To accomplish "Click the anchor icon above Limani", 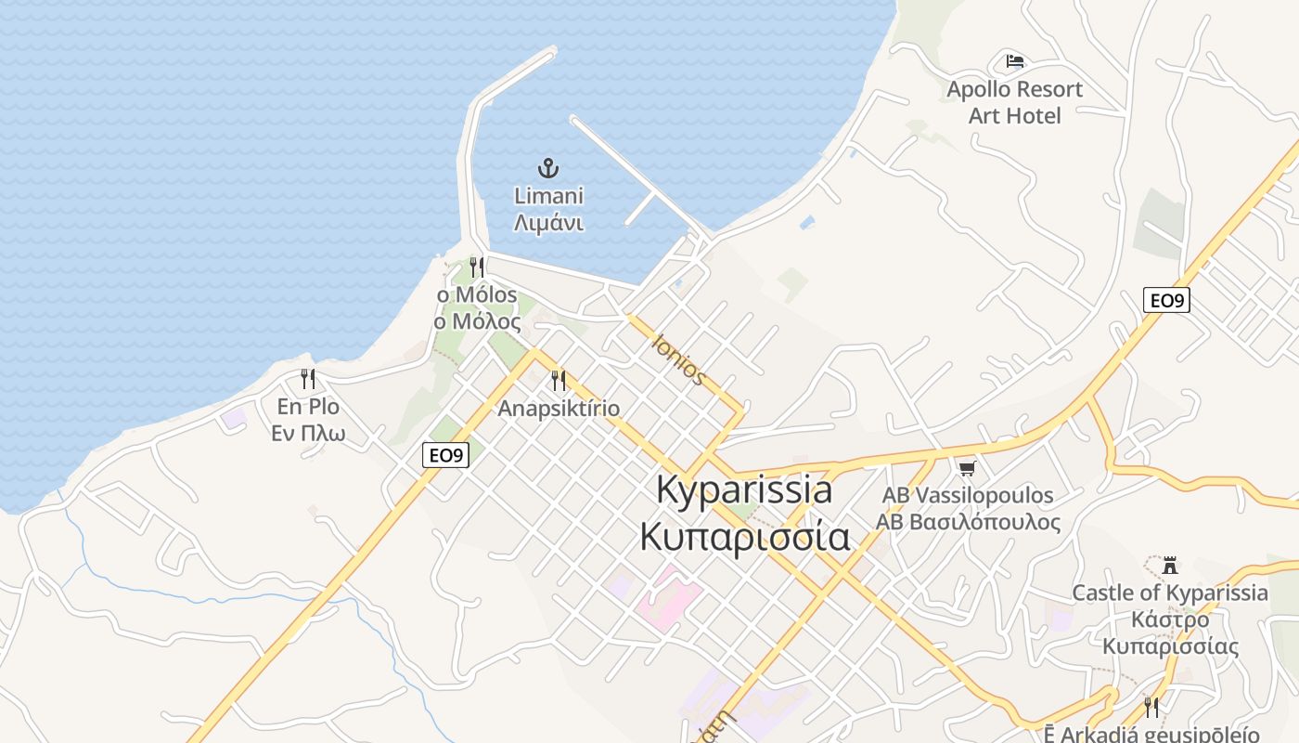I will [548, 168].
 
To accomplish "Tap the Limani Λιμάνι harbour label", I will [548, 210].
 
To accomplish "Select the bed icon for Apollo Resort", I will [1015, 61].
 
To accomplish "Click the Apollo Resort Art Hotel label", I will [1014, 102].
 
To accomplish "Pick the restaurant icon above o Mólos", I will [477, 267].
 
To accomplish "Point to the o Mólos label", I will [478, 308].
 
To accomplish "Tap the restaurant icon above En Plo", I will [308, 379].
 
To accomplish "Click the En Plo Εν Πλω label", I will [308, 420].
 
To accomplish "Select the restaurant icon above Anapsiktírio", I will [559, 380].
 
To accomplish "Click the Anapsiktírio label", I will [559, 409].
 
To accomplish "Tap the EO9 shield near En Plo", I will [445, 455].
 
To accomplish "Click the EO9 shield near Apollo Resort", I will [1166, 300].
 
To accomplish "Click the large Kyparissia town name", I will [744, 490].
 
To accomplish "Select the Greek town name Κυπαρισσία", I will [744, 537].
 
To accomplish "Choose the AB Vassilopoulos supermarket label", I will [968, 508].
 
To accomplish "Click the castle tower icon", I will [1170, 565].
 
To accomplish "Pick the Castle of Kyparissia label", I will [1170, 619].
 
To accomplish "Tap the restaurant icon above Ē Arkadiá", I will [1151, 707].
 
